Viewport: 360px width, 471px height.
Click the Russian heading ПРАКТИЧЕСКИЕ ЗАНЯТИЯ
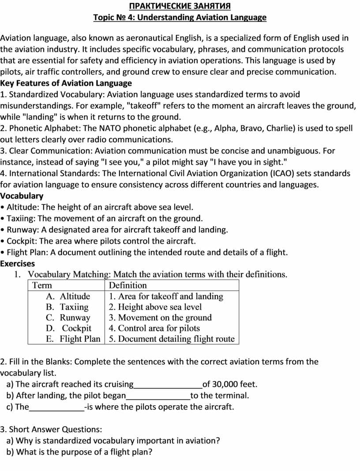(180, 6)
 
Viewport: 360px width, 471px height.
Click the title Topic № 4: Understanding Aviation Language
(180, 18)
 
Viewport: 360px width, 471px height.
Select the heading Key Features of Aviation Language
(66, 83)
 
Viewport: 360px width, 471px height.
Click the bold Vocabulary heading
(22, 196)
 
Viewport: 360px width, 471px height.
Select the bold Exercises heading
(18, 264)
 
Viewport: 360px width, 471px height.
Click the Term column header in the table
(42, 286)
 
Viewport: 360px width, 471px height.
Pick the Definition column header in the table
(128, 286)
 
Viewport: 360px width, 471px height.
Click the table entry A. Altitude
(68, 296)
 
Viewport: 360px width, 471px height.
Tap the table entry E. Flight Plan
(73, 339)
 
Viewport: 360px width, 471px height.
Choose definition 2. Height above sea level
(155, 307)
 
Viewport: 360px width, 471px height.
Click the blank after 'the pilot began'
(158, 396)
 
